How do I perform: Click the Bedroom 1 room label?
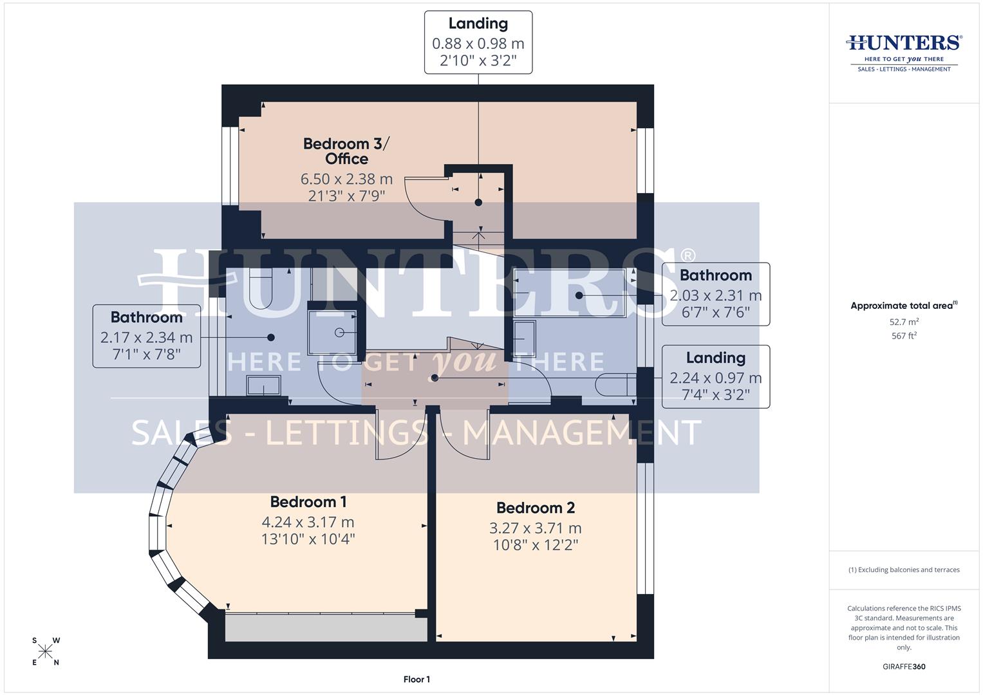pos(303,502)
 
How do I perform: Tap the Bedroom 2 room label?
pos(535,508)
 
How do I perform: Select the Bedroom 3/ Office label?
pos(346,151)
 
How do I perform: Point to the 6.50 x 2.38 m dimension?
pos(346,179)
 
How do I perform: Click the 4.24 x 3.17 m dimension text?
pos(308,522)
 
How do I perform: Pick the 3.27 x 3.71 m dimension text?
pos(535,528)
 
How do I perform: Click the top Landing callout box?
pos(478,42)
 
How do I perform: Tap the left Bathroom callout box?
pos(147,336)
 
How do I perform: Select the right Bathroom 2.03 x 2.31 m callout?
pos(715,294)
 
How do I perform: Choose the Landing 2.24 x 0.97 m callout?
pos(715,377)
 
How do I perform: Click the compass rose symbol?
pos(45,651)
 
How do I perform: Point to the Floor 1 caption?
pos(417,679)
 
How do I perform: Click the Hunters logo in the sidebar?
pos(903,51)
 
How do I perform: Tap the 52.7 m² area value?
pos(904,322)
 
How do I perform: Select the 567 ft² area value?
pos(904,336)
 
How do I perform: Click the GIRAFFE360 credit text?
pos(904,667)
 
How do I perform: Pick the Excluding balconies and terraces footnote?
pos(904,570)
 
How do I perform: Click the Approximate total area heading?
pos(904,306)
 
